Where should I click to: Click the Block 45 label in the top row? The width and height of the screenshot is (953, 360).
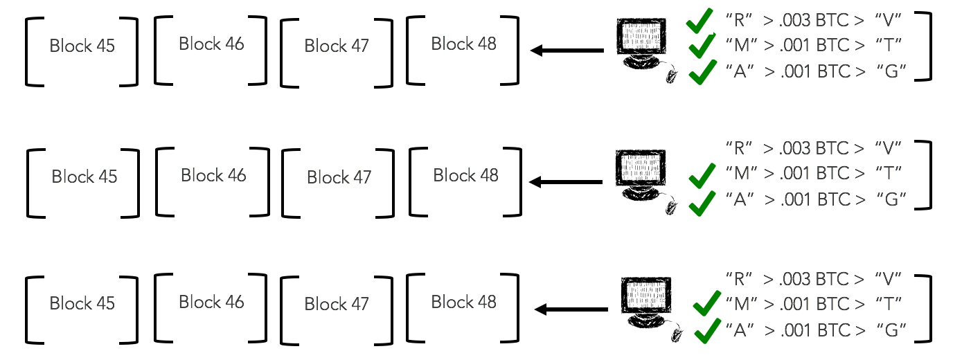coord(82,46)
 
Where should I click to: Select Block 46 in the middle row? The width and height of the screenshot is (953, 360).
coord(213,176)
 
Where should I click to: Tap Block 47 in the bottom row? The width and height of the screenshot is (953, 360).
coord(337,304)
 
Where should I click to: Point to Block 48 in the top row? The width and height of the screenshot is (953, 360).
coord(463,44)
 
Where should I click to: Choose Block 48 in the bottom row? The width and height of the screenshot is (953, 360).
coord(463,302)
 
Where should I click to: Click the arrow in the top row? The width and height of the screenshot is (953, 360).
coord(566,51)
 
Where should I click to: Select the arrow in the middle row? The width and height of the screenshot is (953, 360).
coord(566,182)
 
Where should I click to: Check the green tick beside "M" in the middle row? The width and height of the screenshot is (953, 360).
coord(702,176)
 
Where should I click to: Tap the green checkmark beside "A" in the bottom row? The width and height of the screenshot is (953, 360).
coord(706,331)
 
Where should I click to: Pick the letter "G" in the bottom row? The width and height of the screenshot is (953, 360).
coord(892,330)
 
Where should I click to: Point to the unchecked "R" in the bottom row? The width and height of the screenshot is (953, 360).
coord(739,278)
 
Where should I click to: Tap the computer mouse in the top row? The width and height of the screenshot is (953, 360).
coord(670,75)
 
